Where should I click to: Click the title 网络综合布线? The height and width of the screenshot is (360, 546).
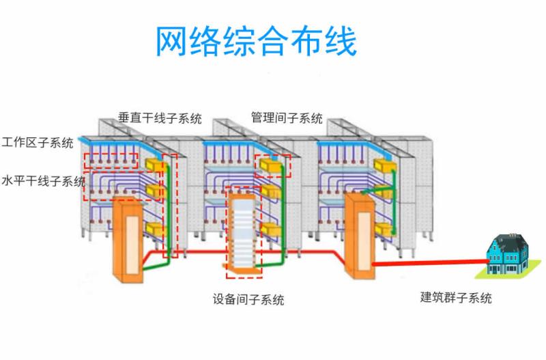[257, 42]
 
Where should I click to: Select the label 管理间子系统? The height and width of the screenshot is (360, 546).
[287, 118]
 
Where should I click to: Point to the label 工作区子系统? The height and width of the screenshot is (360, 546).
[37, 143]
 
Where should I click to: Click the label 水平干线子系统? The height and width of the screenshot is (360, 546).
[43, 181]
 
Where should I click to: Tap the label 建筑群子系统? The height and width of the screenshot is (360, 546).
[455, 298]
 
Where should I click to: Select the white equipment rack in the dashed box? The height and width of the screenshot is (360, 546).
[244, 232]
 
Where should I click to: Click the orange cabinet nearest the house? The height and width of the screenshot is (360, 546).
[359, 236]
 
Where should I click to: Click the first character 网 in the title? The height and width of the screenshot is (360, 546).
[171, 42]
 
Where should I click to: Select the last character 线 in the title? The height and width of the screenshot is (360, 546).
[341, 42]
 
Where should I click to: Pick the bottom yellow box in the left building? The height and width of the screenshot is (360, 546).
[156, 230]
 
